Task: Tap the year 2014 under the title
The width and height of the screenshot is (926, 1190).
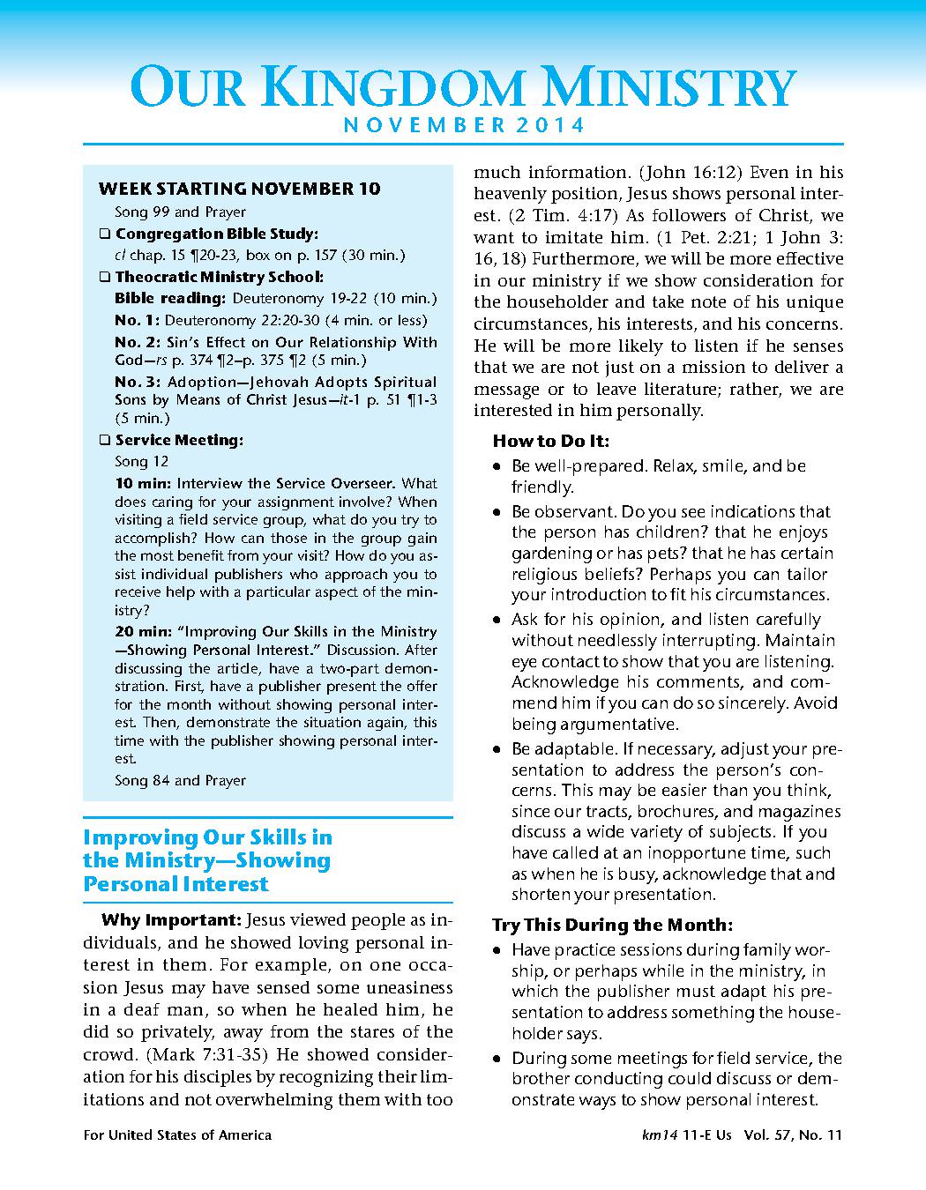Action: click(551, 125)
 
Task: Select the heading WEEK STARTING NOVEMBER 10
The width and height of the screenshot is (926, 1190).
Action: click(239, 189)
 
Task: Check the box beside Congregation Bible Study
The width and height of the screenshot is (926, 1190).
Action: click(105, 234)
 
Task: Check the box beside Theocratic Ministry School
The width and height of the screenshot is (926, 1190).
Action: click(105, 277)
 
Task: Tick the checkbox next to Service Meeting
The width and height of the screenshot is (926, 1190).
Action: click(105, 440)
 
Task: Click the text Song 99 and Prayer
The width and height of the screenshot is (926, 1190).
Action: click(180, 212)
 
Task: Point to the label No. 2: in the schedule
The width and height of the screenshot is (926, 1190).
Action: click(137, 342)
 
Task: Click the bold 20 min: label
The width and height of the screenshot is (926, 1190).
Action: click(144, 631)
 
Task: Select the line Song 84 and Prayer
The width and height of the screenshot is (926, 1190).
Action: click(180, 780)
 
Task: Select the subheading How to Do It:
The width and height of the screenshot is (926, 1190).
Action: click(550, 441)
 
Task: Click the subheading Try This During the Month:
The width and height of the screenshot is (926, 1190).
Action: click(612, 926)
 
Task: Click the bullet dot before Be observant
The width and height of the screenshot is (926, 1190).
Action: click(497, 512)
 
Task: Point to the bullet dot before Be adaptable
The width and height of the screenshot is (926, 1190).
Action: click(497, 750)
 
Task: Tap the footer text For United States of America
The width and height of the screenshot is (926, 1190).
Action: click(177, 1135)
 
